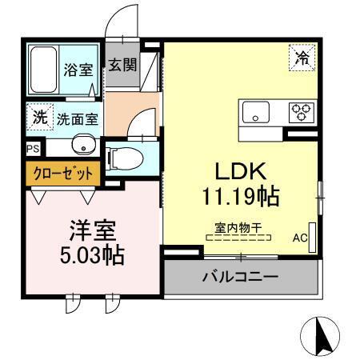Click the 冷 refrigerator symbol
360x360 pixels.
tap(302, 57)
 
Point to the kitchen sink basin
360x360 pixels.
tap(255, 114)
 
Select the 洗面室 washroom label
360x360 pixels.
tap(77, 119)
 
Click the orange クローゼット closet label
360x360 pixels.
tap(62, 172)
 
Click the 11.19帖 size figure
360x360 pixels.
tap(230, 194)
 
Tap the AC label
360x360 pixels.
tap(300, 238)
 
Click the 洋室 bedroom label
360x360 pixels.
tap(93, 231)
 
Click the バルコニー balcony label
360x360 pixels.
tap(240, 278)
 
